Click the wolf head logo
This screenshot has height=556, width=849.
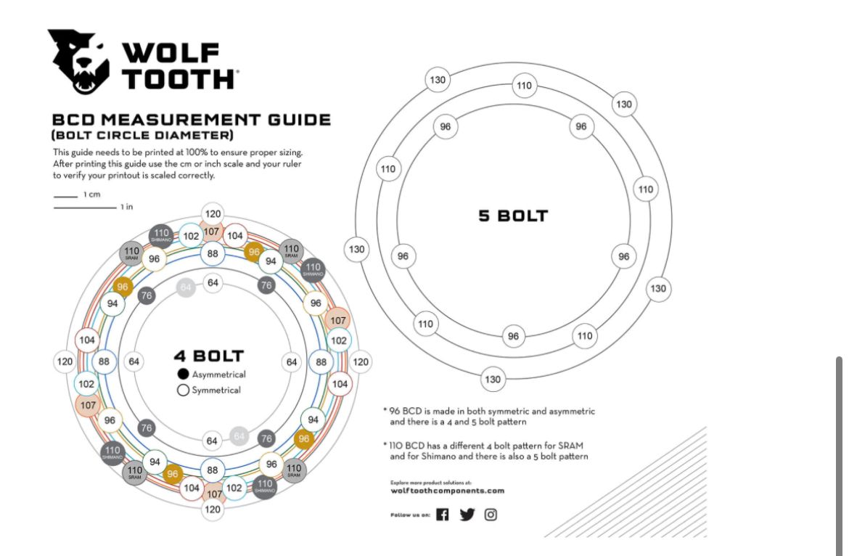(78, 61)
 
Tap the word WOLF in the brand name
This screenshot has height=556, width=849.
(171, 53)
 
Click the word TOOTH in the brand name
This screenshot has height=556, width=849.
(179, 78)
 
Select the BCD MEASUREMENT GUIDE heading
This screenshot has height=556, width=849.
(192, 120)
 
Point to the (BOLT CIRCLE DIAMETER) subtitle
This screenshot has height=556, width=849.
(142, 136)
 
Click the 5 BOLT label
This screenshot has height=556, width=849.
(513, 216)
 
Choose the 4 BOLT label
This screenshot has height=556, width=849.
(208, 356)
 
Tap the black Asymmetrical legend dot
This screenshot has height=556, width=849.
(184, 375)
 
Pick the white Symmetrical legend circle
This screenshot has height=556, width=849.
(184, 391)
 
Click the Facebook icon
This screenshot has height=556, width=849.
(443, 515)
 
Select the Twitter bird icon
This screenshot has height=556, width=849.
(467, 515)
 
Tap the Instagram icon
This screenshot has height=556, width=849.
(491, 515)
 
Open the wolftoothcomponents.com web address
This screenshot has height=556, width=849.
(447, 491)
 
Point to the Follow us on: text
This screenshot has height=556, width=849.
(410, 515)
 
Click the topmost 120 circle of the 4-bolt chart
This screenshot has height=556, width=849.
(213, 214)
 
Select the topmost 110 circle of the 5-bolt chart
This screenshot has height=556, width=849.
(524, 86)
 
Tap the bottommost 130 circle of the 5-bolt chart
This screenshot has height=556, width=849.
(493, 379)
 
